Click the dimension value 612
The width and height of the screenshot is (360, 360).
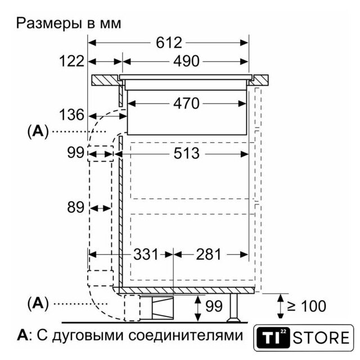pos(169,43)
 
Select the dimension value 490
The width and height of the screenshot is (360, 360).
pos(186,61)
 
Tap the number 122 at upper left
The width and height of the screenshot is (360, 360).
pos(71,61)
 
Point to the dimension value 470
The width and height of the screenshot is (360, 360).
pos(186,103)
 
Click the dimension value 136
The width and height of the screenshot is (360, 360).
pos(71,115)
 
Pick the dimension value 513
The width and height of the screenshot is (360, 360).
pos(186,154)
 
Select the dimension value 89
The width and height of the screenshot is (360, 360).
pos(75,208)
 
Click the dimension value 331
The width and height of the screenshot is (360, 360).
pos(146,254)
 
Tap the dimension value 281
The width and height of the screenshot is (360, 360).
pos(208,254)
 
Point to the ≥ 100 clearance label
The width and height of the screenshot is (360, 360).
pos(306,306)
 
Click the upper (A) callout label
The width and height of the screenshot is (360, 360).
pos(38,132)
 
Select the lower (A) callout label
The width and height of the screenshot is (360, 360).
pos(38,304)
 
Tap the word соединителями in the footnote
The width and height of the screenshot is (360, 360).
pos(186,335)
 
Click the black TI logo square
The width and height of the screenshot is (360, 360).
pos(273,337)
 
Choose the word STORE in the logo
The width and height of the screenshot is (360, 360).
pos(321,337)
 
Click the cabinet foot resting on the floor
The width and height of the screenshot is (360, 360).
pos(234,308)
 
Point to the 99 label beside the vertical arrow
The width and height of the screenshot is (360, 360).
pos(214,306)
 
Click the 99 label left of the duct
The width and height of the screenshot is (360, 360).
pos(75,152)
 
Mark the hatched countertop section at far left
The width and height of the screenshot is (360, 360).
pos(106,80)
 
